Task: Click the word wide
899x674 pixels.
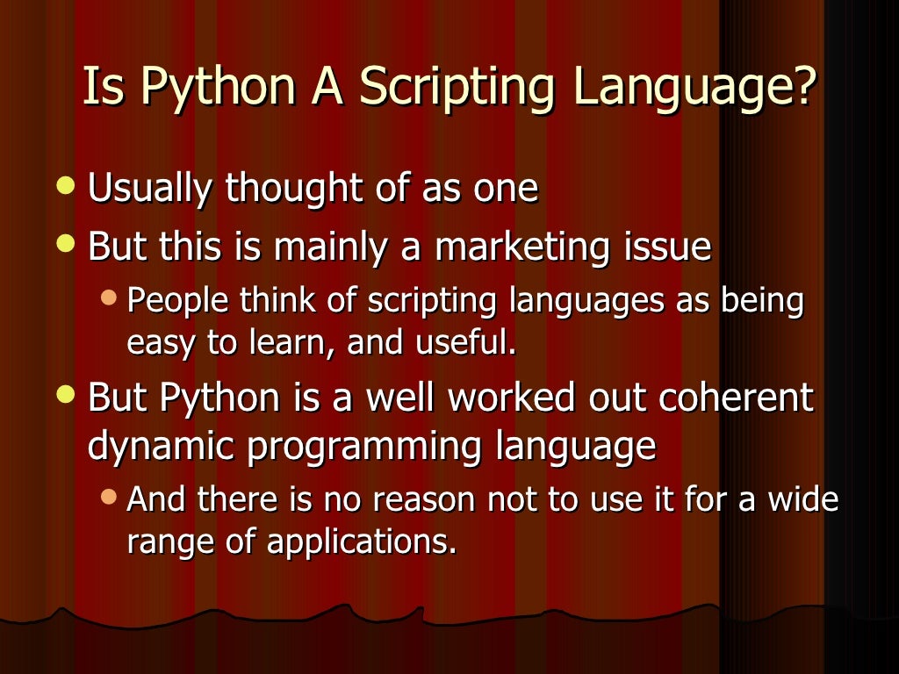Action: pos(803,499)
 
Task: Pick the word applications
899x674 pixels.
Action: pos(362,542)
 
